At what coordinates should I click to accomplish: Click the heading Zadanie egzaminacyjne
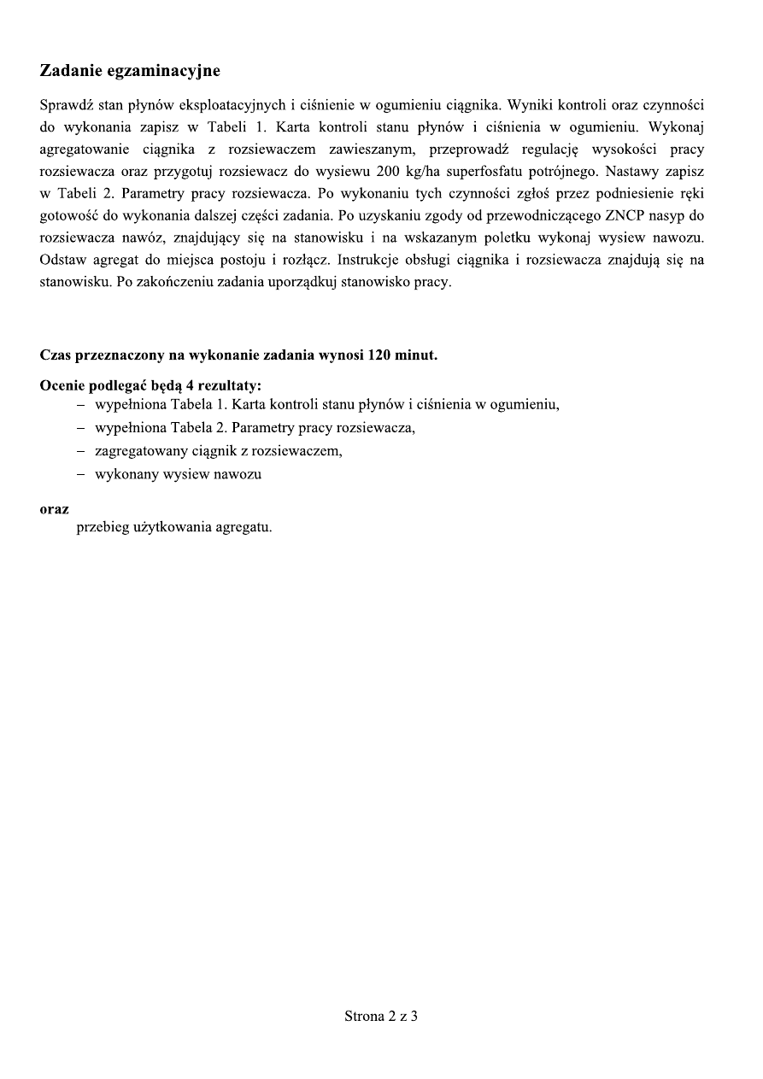[130, 70]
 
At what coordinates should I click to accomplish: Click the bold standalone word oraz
[55, 509]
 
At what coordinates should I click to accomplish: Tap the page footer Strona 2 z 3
[381, 1017]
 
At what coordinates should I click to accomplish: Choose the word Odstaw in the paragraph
[62, 261]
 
